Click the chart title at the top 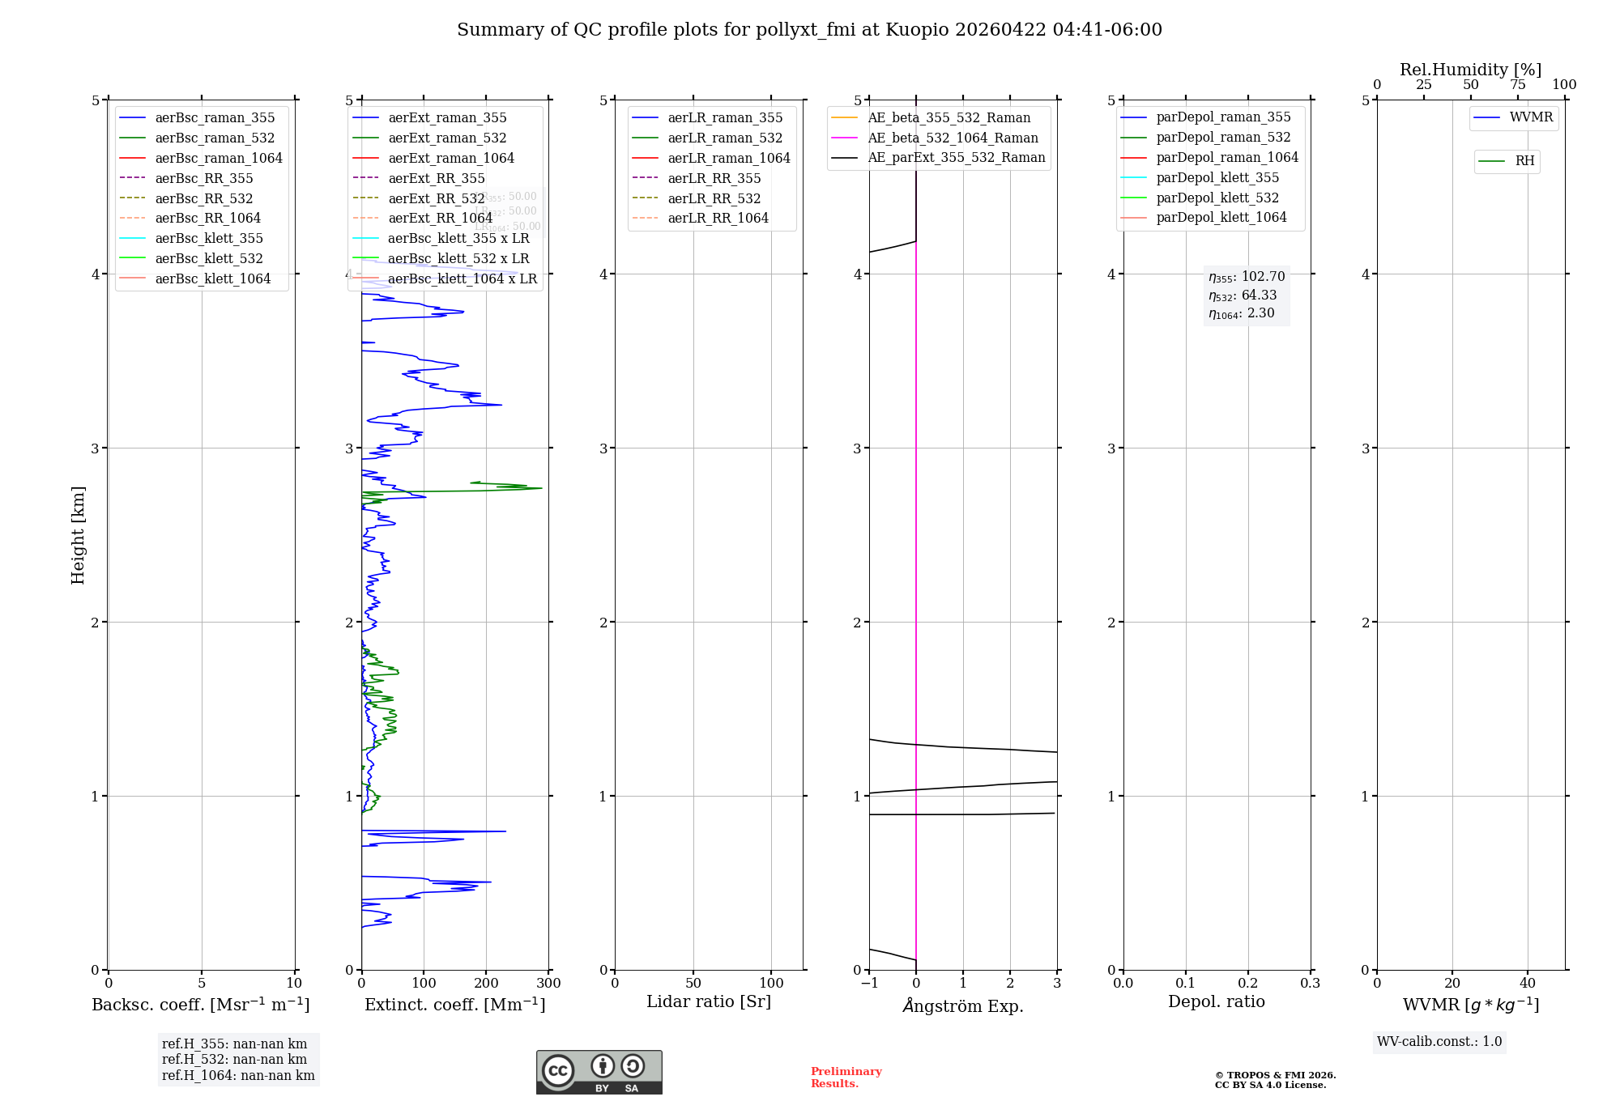click(809, 30)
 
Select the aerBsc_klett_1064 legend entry click(212, 278)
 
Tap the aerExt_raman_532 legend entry click(446, 138)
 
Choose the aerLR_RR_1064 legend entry click(718, 218)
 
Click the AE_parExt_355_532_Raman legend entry click(956, 157)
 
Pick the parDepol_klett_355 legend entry click(1217, 177)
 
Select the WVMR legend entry click(1530, 117)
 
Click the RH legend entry click(1524, 161)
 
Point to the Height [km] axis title click(78, 534)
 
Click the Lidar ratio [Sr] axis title click(709, 1001)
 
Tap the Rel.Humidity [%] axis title click(1470, 70)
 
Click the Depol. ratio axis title click(1216, 1001)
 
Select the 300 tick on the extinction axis click(548, 984)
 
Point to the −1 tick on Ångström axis click(869, 984)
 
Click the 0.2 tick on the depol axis click(1248, 984)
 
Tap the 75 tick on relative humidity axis click(1517, 85)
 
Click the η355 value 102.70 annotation click(1247, 277)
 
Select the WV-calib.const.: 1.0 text click(1439, 1042)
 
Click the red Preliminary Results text click(846, 1078)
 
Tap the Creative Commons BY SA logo click(599, 1073)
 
